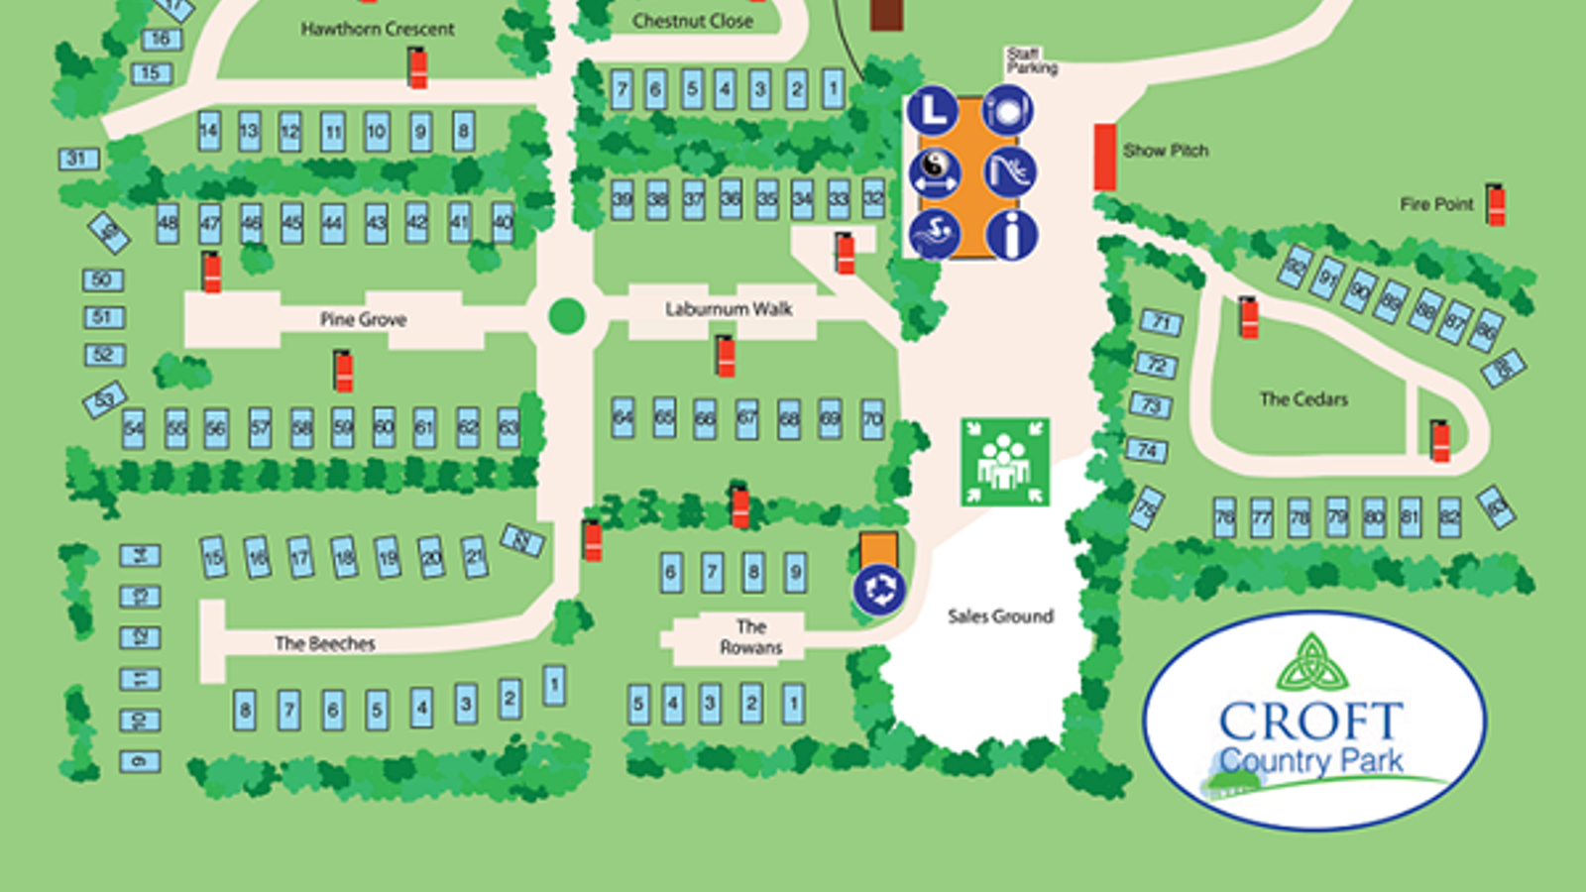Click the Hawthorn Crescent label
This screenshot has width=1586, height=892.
(x=378, y=30)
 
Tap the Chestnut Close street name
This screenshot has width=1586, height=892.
(x=693, y=21)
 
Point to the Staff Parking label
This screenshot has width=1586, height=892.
(x=1031, y=61)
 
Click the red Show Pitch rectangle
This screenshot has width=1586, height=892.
(x=1105, y=157)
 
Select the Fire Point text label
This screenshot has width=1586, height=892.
(x=1436, y=204)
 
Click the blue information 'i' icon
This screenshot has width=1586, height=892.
(x=1011, y=236)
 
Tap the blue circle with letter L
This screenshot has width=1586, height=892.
(x=933, y=111)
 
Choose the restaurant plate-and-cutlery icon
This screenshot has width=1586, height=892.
(x=1008, y=110)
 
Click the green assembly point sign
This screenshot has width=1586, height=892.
(x=1004, y=462)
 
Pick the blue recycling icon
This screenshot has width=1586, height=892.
(x=879, y=589)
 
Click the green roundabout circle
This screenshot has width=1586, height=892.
(x=567, y=316)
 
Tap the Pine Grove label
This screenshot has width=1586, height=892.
(x=363, y=319)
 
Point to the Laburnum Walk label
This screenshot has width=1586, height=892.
(x=729, y=309)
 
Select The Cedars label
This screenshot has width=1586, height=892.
(x=1303, y=399)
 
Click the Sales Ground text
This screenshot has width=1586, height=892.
(x=1000, y=616)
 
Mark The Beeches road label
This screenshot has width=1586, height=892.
(x=325, y=643)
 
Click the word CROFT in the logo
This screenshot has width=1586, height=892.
(x=1310, y=722)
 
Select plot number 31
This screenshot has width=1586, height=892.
(x=77, y=159)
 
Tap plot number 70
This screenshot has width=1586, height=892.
(x=872, y=417)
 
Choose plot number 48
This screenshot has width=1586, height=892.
(x=168, y=224)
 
